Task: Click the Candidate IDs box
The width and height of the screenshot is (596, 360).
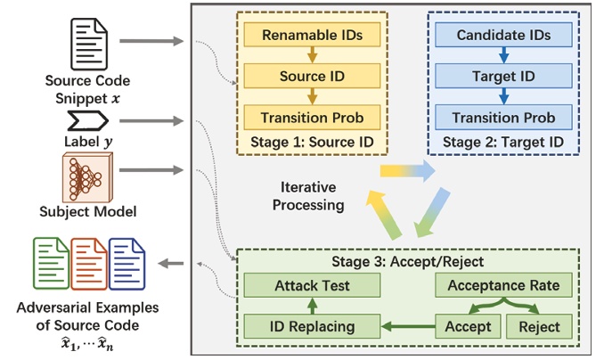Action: [x=503, y=36]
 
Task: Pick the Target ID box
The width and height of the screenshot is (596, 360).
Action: [x=503, y=77]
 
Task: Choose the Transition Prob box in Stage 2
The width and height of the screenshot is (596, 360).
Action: [x=503, y=118]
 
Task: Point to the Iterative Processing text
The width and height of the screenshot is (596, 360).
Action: [x=309, y=196]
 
